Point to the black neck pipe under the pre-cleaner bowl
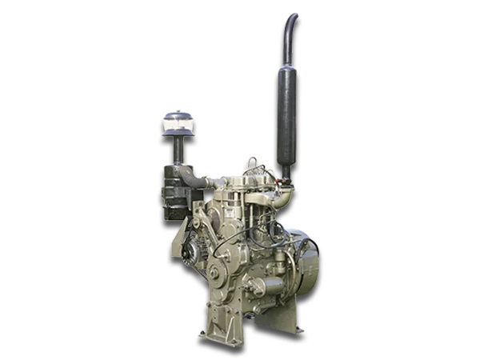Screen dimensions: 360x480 (175, 148)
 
